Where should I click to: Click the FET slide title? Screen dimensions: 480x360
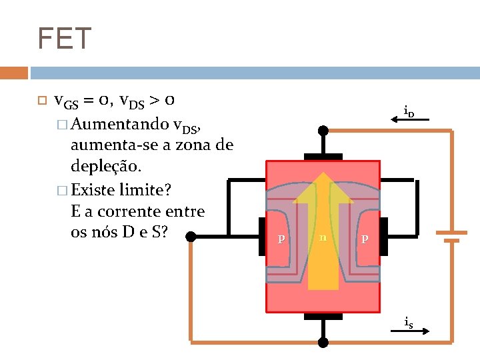[64, 39]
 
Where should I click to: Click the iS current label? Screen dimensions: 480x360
[408, 322]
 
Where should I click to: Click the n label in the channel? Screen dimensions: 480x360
[323, 236]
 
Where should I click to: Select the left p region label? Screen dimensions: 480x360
[282, 238]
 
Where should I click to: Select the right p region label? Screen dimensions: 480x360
[364, 238]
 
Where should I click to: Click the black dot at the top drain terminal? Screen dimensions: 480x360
[323, 131]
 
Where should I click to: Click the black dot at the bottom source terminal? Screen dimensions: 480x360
[323, 343]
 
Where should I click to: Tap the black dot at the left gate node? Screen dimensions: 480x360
[191, 236]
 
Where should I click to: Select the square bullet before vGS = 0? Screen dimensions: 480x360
[40, 102]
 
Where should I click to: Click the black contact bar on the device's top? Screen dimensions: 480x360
[323, 157]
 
